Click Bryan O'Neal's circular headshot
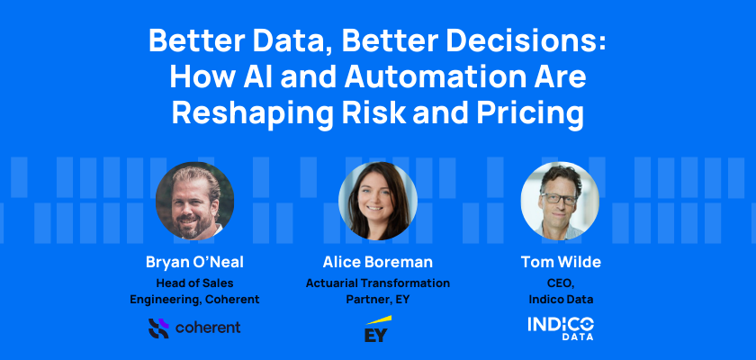click(194, 201)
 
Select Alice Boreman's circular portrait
click(377, 201)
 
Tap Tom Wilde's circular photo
click(560, 201)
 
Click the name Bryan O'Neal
click(194, 262)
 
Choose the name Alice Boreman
click(377, 262)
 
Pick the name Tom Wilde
click(561, 262)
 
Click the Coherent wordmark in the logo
click(208, 328)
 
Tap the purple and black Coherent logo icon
click(158, 328)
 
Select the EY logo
click(377, 329)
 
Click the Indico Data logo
click(561, 328)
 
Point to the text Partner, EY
click(377, 300)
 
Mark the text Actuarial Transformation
click(377, 283)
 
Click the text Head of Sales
click(194, 283)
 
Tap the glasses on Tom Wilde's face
click(558, 199)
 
